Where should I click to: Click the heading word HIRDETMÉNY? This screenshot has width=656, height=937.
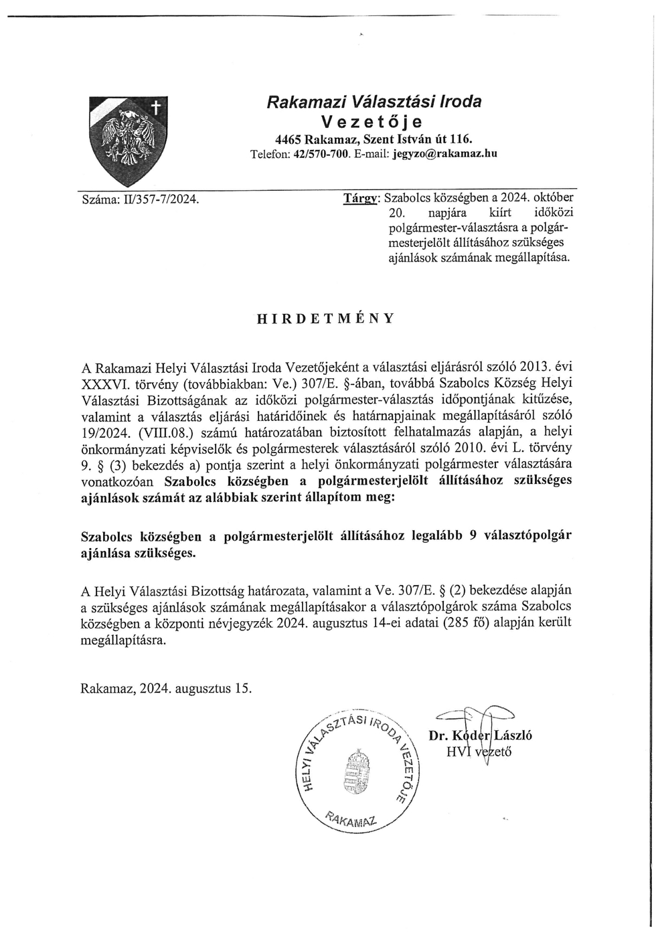pos(326,319)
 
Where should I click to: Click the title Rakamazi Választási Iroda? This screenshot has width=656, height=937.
pos(374,102)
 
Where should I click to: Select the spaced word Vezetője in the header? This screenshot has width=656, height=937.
pos(374,122)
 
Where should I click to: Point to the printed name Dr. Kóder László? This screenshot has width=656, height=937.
pos(480,736)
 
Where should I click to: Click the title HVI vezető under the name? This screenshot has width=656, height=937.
pos(479,751)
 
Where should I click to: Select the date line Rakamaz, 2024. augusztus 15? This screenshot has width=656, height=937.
pos(166,688)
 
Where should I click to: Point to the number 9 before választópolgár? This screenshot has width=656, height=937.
pos(473,536)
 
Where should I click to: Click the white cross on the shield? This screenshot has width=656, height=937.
pos(155,107)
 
